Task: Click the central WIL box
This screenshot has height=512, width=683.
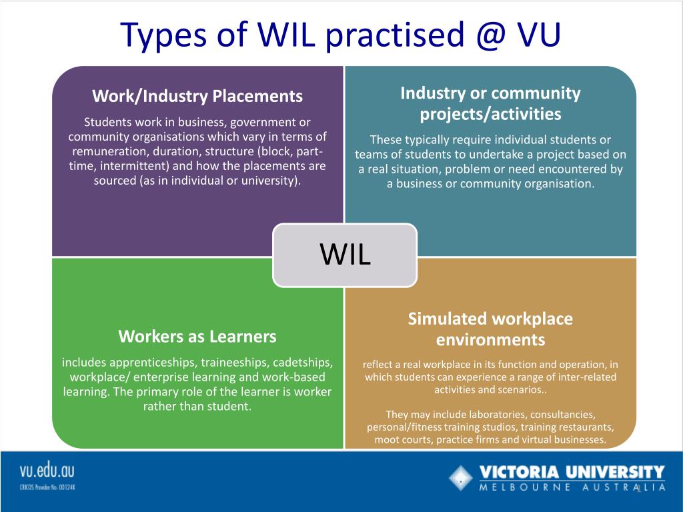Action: (345, 255)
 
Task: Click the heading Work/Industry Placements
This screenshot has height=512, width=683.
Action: (197, 96)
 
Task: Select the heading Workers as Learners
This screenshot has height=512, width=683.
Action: (197, 336)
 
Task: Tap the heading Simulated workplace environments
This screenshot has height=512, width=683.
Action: (490, 329)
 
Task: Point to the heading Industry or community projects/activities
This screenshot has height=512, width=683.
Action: (490, 103)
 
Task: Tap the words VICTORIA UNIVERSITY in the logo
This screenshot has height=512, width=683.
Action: (572, 473)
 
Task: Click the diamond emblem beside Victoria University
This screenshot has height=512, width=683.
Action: (460, 478)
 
